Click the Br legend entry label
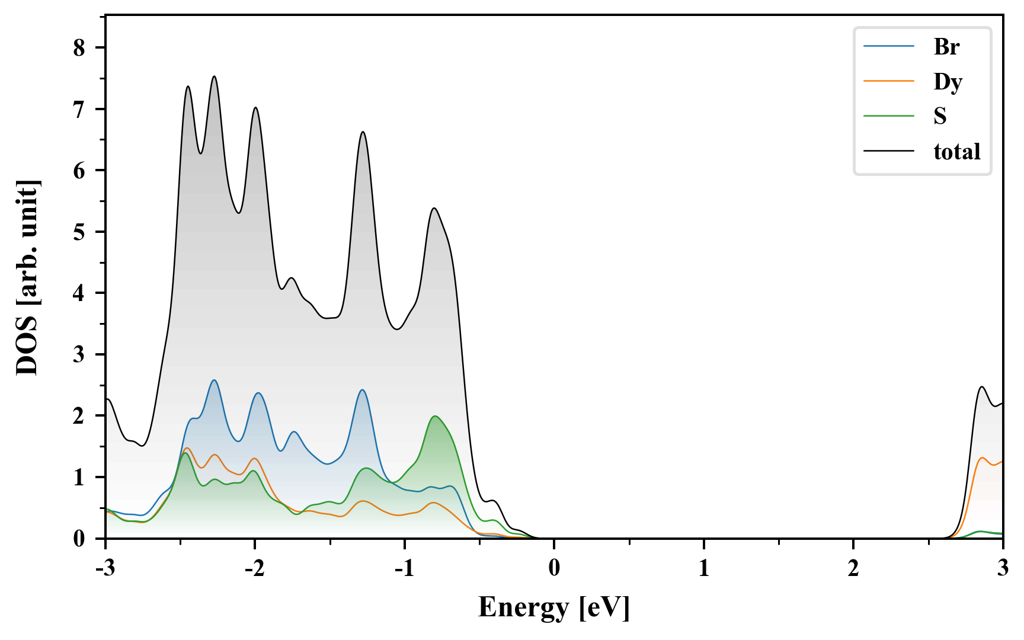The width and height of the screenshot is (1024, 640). click(x=946, y=47)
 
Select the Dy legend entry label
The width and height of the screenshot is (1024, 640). click(x=948, y=82)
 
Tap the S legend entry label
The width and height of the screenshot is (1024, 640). click(x=940, y=116)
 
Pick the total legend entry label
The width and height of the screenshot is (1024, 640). click(x=956, y=152)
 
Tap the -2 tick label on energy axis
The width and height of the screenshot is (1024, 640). click(x=253, y=568)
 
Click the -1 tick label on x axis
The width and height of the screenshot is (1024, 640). click(x=403, y=568)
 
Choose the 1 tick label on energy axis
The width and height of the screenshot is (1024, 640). click(x=703, y=568)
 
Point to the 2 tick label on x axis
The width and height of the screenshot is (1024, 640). click(x=853, y=568)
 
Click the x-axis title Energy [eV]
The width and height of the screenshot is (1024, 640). click(x=553, y=607)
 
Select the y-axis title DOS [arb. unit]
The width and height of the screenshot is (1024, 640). click(x=27, y=277)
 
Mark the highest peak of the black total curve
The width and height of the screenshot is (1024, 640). click(x=214, y=76)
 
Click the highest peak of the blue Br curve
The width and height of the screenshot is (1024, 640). click(x=214, y=380)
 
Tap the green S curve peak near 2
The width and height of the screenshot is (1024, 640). click(x=436, y=416)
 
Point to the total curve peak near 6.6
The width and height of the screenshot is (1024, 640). click(x=363, y=132)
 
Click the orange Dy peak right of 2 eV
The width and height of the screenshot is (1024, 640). click(x=982, y=458)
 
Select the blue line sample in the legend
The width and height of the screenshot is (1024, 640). click(x=888, y=47)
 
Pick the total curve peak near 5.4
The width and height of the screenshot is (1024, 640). click(x=434, y=208)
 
